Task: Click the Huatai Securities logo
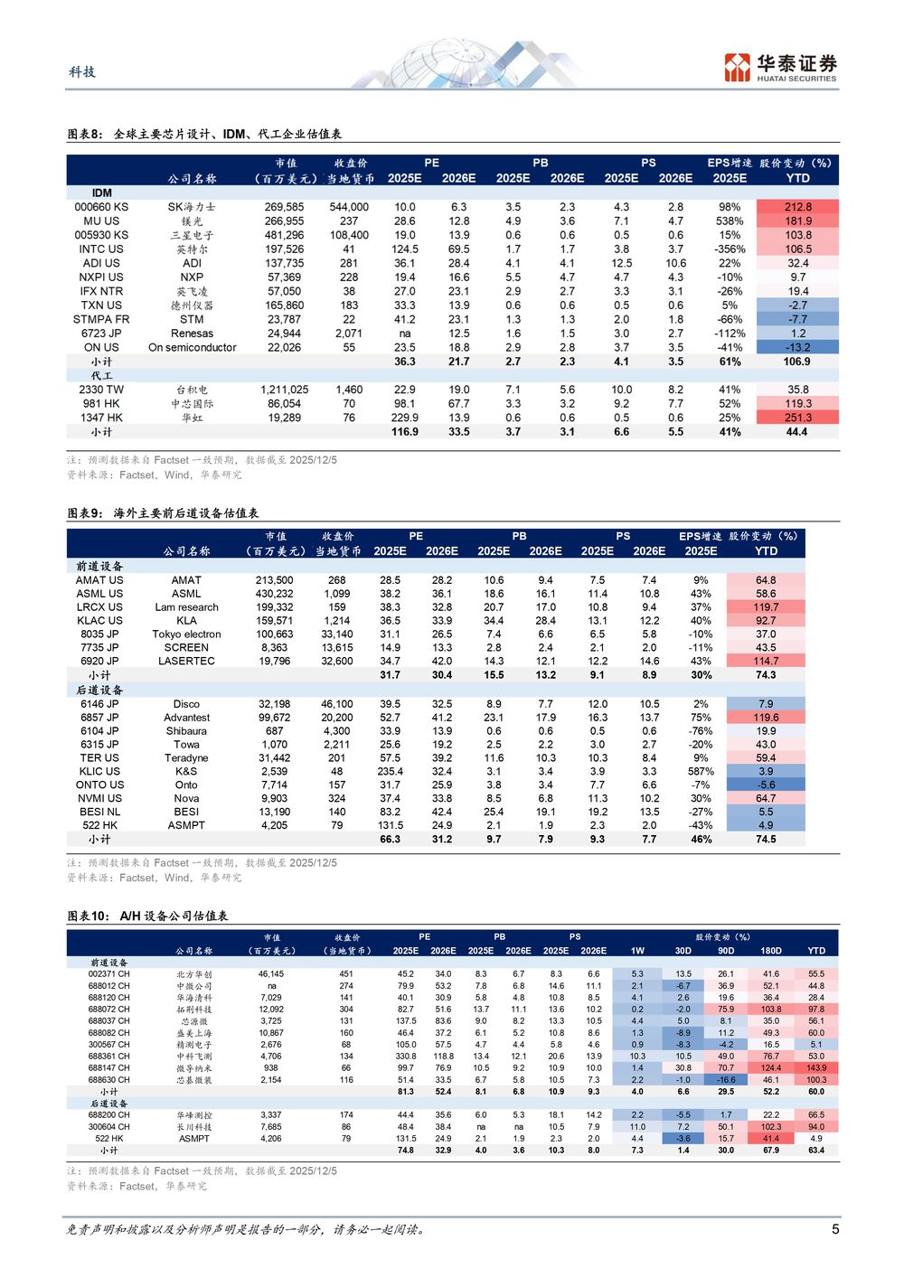[780, 67]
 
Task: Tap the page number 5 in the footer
[835, 1229]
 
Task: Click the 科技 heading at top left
[81, 72]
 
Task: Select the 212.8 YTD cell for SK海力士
[798, 207]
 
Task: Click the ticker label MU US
[101, 221]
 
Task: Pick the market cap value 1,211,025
[284, 390]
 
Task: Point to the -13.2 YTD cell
[798, 348]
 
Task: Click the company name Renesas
[192, 334]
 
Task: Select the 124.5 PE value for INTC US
[404, 249]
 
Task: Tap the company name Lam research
[186, 607]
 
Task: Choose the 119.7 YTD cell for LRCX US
[766, 607]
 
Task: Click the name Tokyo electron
[186, 634]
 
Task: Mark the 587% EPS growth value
[701, 772]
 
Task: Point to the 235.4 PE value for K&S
[390, 772]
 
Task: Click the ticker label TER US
[99, 758]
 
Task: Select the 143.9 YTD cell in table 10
[815, 1068]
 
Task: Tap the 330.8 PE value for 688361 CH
[405, 1057]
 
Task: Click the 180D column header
[770, 951]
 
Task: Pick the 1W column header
[637, 951]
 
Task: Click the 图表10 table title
[147, 916]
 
